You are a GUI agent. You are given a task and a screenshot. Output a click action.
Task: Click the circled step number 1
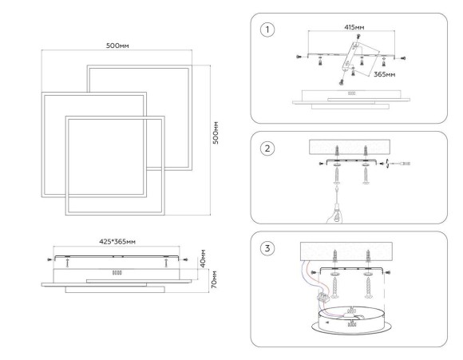pos(267,30)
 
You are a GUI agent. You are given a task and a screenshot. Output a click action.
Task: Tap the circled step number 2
pos(267,148)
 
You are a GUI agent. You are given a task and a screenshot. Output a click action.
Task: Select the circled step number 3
pos(267,248)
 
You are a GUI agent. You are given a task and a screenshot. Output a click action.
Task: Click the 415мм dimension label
pos(354,27)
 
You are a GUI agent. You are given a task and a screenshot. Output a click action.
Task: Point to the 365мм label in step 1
pos(384,74)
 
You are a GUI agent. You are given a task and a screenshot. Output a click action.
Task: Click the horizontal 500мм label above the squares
pos(117,45)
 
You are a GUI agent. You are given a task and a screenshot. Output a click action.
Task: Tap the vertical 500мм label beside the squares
pos(216,133)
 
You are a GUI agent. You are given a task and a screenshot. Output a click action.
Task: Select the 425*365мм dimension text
pos(117,242)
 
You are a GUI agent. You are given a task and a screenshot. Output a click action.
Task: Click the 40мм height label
pos(203,259)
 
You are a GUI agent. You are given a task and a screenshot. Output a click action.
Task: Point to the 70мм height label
pos(214,279)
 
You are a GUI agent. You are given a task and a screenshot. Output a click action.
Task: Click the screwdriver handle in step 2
pos(336,212)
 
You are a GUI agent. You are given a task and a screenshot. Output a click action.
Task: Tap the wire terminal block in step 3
pos(323,296)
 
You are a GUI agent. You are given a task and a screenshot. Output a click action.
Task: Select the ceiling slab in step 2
pos(350,147)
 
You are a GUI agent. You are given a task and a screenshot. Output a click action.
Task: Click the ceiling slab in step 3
pos(346,251)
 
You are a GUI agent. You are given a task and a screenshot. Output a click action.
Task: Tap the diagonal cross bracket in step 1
pos(350,57)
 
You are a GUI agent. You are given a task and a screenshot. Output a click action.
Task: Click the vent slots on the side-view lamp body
pos(117,272)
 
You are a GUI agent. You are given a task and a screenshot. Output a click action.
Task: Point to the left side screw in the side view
pos(49,259)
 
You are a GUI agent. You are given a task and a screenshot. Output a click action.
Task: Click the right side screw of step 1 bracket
pos(403,58)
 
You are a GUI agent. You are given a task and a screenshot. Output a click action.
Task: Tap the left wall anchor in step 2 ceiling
pos(336,151)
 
